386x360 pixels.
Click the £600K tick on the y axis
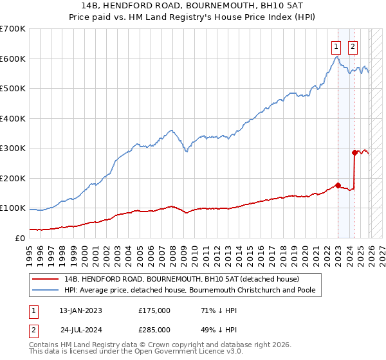13,59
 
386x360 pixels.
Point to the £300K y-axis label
13,148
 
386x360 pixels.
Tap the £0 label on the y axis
21,238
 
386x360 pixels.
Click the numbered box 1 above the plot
336,46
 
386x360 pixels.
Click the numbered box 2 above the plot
353,46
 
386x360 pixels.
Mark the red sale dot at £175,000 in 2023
338,185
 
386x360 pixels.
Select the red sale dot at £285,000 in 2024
354,152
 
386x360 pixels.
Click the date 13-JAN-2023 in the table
80,310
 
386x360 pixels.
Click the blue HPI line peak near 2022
336,57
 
